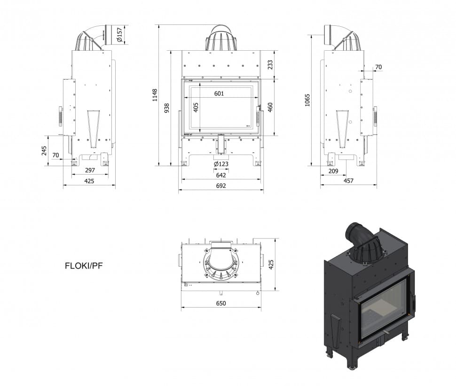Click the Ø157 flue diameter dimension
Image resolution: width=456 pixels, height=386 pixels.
120,34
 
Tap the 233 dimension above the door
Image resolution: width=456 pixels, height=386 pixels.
270,65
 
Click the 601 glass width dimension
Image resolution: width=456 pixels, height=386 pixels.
219,93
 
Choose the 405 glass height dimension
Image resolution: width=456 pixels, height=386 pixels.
196,108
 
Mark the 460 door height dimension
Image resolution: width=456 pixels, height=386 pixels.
270,107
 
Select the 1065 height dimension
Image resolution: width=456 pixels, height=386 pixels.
307,100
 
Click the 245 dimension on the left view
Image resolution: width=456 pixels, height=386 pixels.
44,150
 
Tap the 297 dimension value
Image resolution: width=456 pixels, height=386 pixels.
90,170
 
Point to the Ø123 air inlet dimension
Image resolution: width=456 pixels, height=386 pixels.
221,164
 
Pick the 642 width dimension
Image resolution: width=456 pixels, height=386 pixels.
221,175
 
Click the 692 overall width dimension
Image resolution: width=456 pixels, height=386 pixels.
221,186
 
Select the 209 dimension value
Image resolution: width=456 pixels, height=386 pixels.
333,171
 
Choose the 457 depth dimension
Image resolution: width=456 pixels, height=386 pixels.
348,181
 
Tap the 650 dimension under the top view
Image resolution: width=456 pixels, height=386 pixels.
221,303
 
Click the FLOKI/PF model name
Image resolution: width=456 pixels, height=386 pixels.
84,265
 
